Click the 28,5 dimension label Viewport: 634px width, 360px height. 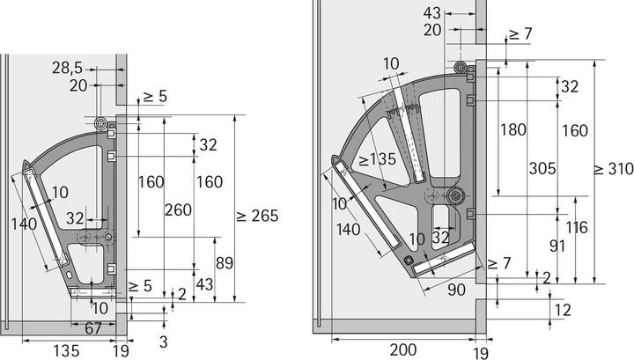pyautogui.click(x=67, y=68)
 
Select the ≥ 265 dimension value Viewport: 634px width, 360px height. pyautogui.click(x=257, y=216)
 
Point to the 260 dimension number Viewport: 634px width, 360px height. pyautogui.click(x=178, y=209)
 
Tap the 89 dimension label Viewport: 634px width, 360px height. pyautogui.click(x=225, y=263)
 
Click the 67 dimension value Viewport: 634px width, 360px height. pyautogui.click(x=93, y=328)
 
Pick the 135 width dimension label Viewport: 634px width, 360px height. pyautogui.click(x=66, y=350)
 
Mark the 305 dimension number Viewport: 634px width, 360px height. pyautogui.click(x=542, y=168)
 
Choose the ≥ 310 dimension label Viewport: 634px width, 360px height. pyautogui.click(x=614, y=168)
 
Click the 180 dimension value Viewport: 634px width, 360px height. pyautogui.click(x=513, y=129)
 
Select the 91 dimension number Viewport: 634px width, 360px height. pyautogui.click(x=557, y=246)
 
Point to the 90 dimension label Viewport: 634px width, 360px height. pyautogui.click(x=456, y=290)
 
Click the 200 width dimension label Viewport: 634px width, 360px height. pyautogui.click(x=403, y=350)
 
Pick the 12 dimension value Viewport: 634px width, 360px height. pyautogui.click(x=563, y=310)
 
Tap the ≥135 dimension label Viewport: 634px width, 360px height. pyautogui.click(x=377, y=159)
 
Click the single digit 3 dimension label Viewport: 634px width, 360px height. pyautogui.click(x=163, y=342)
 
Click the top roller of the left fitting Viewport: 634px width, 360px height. pyautogui.click(x=100, y=124)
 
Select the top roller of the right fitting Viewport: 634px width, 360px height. pyautogui.click(x=460, y=68)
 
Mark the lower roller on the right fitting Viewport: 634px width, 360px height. pyautogui.click(x=456, y=196)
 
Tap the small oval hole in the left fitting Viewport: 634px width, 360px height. pyautogui.click(x=69, y=276)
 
